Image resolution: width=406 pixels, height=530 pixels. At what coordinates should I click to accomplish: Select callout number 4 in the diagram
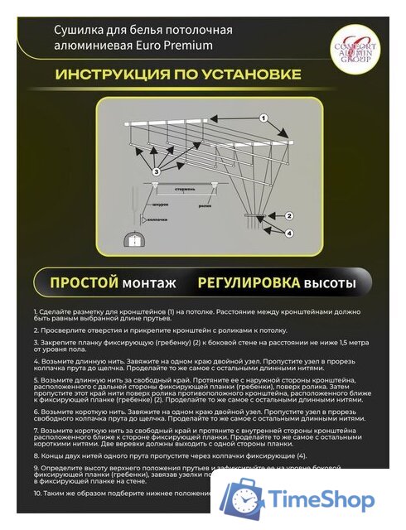(288, 234)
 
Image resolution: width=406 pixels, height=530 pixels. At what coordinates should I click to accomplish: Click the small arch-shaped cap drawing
(131, 240)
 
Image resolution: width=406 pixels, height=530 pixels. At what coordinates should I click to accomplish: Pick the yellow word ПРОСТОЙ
(85, 283)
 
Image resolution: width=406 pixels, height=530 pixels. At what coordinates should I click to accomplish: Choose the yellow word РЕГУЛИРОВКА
(249, 283)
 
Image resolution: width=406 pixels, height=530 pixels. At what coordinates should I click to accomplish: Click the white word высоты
(331, 283)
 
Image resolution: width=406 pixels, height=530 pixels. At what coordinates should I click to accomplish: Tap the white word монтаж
(149, 283)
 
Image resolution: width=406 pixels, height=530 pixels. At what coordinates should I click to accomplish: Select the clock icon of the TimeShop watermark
(247, 500)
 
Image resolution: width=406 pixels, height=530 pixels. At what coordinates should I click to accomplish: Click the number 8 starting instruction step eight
(36, 455)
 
